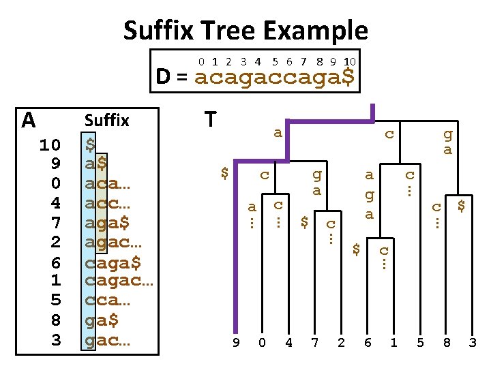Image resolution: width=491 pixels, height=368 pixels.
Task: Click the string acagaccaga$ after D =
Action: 274,76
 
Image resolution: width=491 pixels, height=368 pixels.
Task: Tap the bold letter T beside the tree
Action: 211,120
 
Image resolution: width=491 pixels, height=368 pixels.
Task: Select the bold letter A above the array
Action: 28,121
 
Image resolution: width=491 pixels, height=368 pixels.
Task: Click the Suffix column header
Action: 106,121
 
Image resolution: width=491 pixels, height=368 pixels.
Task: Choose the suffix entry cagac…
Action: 119,280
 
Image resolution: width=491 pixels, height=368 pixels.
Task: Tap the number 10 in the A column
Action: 50,144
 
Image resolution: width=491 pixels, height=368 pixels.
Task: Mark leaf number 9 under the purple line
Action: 236,342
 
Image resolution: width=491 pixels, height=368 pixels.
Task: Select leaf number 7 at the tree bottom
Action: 314,342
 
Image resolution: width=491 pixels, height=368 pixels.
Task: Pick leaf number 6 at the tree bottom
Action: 368,342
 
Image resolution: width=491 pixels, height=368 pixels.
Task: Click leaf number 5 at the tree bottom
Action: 420,342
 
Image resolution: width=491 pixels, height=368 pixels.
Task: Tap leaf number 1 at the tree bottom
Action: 393,342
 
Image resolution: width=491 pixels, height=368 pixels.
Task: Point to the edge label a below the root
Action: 278,132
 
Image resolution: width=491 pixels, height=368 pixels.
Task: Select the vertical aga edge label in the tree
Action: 368,194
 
